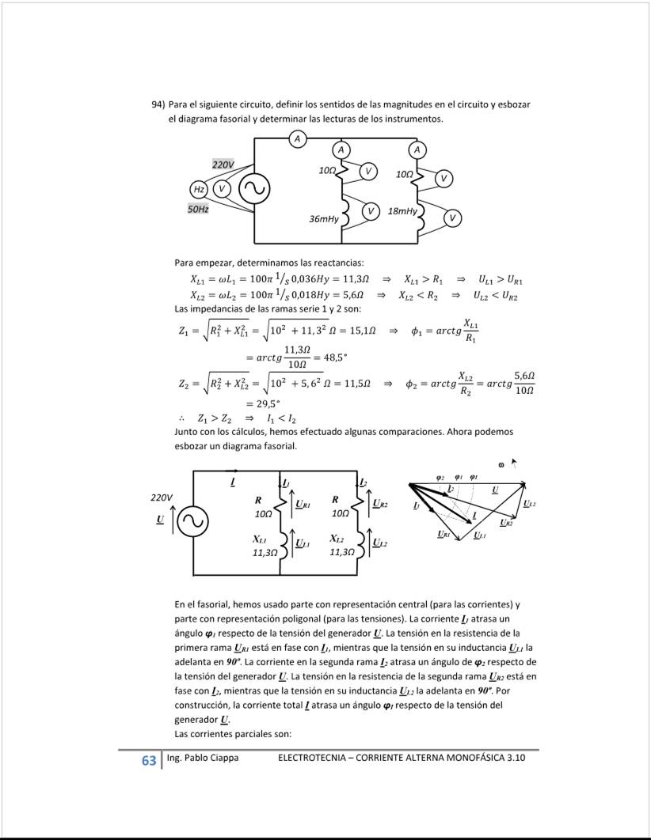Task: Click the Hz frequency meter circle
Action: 199,189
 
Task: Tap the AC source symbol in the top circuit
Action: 254,189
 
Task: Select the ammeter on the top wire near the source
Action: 298,139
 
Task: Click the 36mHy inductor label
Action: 324,218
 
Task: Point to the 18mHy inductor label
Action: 402,212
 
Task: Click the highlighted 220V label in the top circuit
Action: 223,164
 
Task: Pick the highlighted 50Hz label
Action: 198,210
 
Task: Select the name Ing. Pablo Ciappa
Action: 203,758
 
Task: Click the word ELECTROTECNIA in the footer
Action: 312,758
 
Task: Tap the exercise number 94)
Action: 158,104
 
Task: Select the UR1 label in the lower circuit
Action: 303,504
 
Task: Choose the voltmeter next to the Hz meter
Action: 222,189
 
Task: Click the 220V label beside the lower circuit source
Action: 162,498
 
